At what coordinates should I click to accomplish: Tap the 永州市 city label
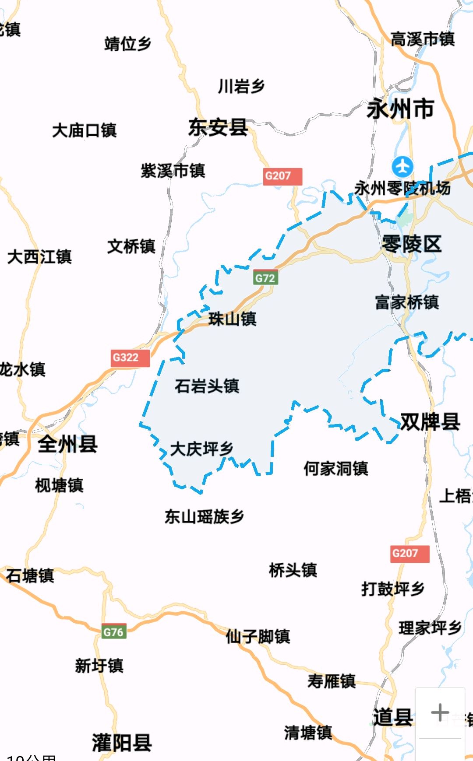pyautogui.click(x=400, y=109)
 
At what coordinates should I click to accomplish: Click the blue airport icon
pyautogui.click(x=402, y=167)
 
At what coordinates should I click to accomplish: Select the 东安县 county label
pyautogui.click(x=218, y=127)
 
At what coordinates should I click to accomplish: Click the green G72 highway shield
pyautogui.click(x=265, y=278)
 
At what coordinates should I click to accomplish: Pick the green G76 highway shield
pyautogui.click(x=114, y=631)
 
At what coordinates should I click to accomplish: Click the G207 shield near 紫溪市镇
pyautogui.click(x=282, y=176)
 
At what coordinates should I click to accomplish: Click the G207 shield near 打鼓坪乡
pyautogui.click(x=409, y=553)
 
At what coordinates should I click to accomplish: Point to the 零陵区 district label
pyautogui.click(x=411, y=244)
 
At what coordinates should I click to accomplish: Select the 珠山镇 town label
pyautogui.click(x=232, y=319)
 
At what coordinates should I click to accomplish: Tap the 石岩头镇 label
pyautogui.click(x=207, y=386)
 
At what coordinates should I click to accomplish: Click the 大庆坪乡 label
pyautogui.click(x=201, y=449)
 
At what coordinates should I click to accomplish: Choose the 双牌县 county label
pyautogui.click(x=430, y=422)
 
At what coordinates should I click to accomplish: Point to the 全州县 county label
pyautogui.click(x=67, y=444)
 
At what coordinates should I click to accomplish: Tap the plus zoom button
pyautogui.click(x=440, y=712)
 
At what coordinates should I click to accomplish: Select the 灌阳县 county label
pyautogui.click(x=122, y=743)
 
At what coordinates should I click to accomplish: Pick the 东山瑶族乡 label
pyautogui.click(x=204, y=517)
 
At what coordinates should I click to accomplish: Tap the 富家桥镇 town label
pyautogui.click(x=407, y=302)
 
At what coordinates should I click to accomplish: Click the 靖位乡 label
pyautogui.click(x=127, y=44)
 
